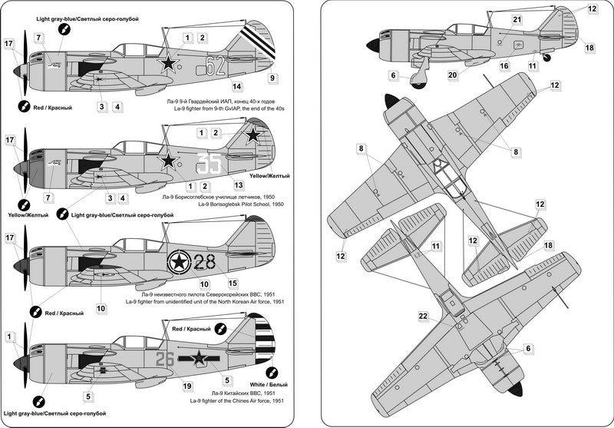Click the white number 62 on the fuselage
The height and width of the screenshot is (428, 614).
coord(216,65)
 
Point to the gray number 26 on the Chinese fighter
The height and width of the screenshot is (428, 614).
coord(166,358)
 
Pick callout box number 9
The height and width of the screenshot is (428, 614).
coord(274,78)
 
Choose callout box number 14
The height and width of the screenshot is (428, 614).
coord(236,87)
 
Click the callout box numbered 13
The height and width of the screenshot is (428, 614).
coord(239,185)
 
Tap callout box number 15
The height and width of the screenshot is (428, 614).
coord(233,284)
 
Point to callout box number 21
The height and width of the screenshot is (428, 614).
coord(517,20)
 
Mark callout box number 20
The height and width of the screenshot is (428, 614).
coord(453,75)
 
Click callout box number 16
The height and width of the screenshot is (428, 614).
coord(504,66)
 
